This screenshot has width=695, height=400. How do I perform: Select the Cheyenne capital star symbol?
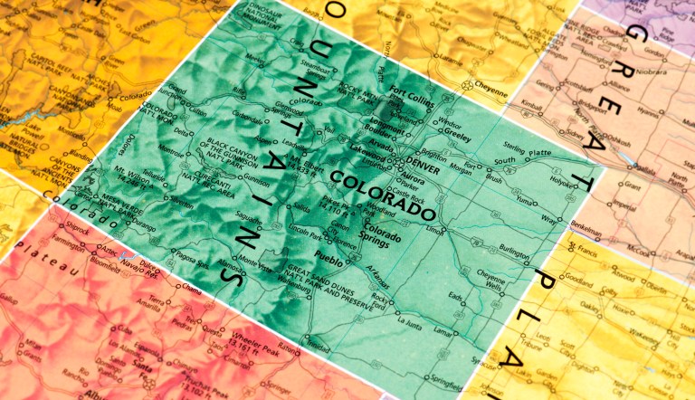tap(468, 86)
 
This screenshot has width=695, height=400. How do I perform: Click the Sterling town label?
tap(515, 146)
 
